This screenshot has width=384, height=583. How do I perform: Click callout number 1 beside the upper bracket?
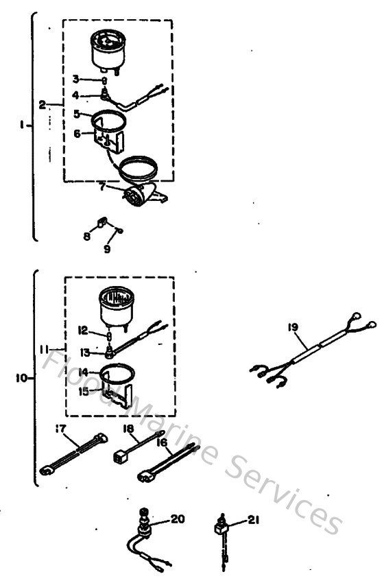pos(23,125)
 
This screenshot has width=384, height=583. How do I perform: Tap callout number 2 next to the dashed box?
pos(43,104)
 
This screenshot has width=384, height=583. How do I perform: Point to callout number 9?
pos(107,250)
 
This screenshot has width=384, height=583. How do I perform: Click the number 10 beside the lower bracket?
pos(21,377)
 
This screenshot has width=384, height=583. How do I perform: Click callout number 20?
pos(177,520)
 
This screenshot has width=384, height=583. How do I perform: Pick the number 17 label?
pos(61,429)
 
